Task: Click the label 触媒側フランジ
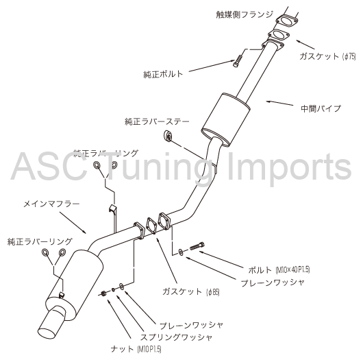coord(245,15)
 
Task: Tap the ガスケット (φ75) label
coord(327,56)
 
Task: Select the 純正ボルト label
coord(163,74)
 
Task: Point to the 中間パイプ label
coord(321,108)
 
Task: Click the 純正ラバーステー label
coord(157,121)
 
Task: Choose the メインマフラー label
coord(51,204)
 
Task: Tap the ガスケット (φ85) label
coord(191,291)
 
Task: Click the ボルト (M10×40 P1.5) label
coord(279,269)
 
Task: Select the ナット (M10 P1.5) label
coord(136,349)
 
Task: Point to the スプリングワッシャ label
coord(176,337)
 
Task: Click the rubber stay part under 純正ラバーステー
coord(168,136)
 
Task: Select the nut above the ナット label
coord(103,293)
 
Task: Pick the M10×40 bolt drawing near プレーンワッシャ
coord(197,246)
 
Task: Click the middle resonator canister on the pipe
coord(226,119)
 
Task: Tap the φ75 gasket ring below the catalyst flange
coord(279,36)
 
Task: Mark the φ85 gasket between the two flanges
coord(151,225)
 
